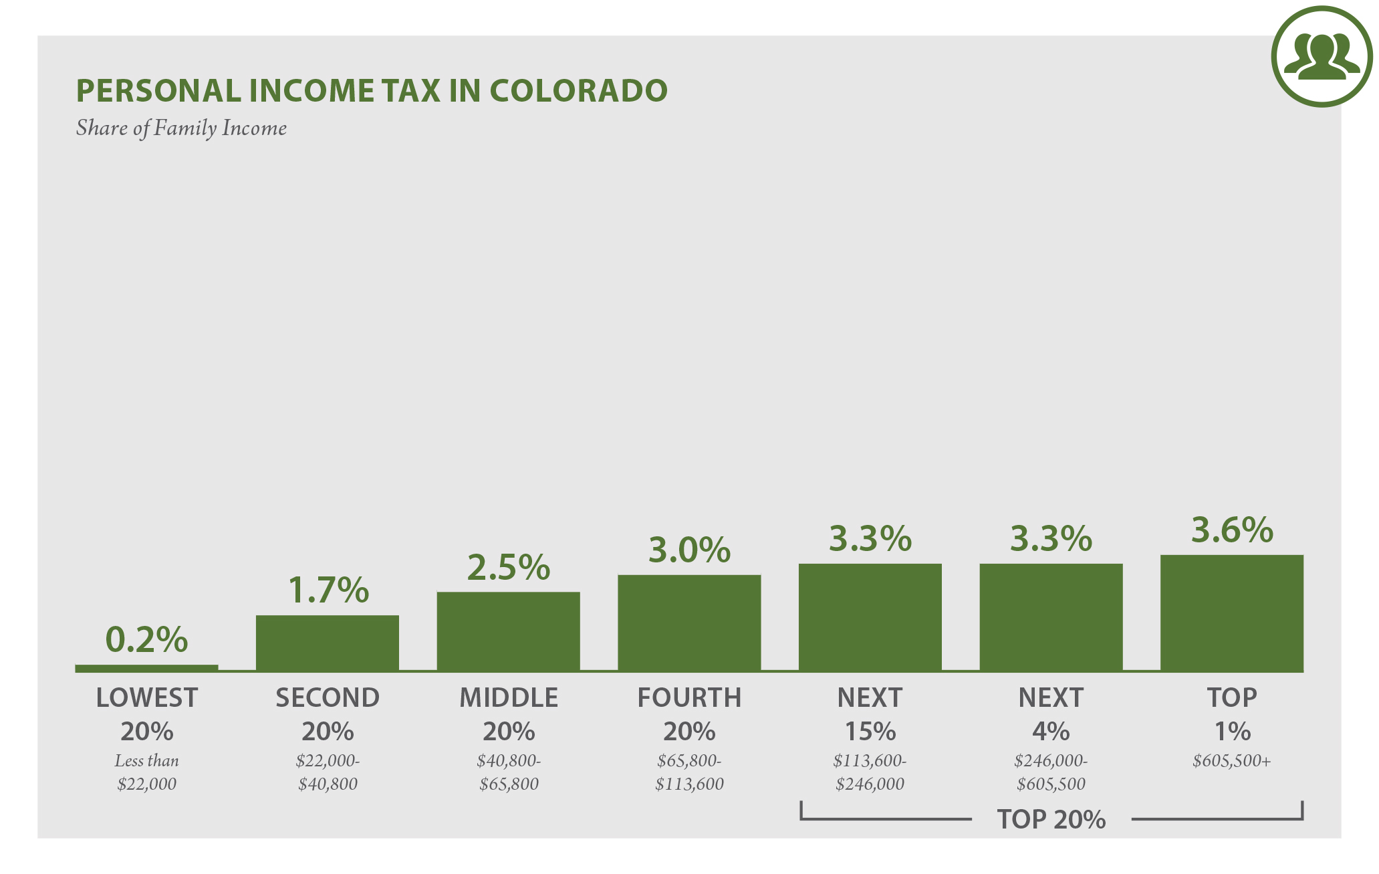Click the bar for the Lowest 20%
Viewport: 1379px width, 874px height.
click(146, 668)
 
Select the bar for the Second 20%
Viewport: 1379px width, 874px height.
click(327, 643)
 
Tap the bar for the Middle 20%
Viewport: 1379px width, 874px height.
click(508, 631)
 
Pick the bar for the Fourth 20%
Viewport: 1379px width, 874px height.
click(689, 623)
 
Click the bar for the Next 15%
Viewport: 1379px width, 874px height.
click(870, 617)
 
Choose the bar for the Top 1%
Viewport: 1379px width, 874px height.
click(1231, 613)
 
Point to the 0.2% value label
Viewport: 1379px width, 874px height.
click(146, 639)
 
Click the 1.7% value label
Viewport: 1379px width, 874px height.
click(328, 590)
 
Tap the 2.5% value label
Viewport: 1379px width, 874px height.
click(508, 567)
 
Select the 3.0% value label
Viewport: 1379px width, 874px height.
click(689, 550)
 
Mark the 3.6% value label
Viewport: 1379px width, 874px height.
click(1232, 530)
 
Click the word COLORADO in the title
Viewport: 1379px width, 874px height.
click(578, 91)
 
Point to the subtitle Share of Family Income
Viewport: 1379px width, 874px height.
click(181, 128)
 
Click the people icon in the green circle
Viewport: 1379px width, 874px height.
click(1322, 57)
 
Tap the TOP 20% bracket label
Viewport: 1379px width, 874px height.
click(1051, 819)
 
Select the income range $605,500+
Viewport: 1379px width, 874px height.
click(1231, 761)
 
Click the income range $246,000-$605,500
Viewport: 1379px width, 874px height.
click(1051, 772)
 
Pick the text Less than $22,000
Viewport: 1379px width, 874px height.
click(146, 772)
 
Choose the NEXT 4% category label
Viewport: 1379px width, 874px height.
click(1051, 714)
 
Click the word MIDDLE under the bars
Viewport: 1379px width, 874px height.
click(508, 698)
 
